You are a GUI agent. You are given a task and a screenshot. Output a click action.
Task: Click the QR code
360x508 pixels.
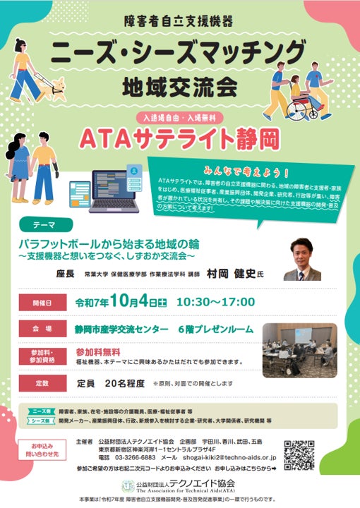(x=299, y=455)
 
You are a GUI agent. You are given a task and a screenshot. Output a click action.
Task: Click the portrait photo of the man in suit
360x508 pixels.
(x=302, y=259)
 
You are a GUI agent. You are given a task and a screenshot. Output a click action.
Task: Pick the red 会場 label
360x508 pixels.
(x=42, y=329)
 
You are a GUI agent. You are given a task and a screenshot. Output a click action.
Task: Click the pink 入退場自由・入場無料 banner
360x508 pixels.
(x=177, y=114)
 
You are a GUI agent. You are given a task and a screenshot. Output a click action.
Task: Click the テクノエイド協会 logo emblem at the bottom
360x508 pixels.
(x=128, y=486)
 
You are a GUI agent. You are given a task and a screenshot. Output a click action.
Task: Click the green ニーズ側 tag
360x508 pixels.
(x=41, y=411)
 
